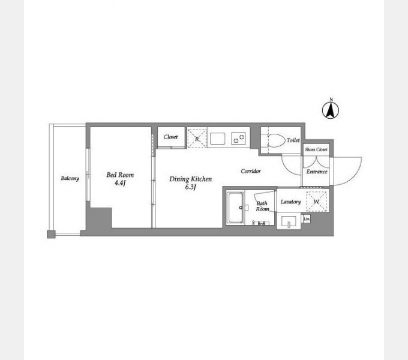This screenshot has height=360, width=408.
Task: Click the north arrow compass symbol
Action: [x=331, y=110]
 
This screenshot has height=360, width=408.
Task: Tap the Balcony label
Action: [x=70, y=178]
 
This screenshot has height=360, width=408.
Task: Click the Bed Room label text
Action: [x=120, y=175]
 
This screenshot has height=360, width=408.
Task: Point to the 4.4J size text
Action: [x=120, y=183]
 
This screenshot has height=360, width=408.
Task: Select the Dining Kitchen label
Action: [x=190, y=179]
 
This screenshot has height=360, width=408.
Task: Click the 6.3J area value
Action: [x=190, y=187]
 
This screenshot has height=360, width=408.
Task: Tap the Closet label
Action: [x=170, y=137]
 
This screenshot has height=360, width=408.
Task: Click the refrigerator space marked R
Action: [x=197, y=138]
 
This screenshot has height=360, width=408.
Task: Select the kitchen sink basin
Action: [x=218, y=139]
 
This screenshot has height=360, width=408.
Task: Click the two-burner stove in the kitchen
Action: [x=239, y=138]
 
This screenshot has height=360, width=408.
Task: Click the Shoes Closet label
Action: [x=316, y=149]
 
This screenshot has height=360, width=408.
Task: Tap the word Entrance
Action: [x=317, y=172]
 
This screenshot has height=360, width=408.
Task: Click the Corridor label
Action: [x=251, y=171]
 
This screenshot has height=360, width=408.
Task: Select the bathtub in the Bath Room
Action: [x=235, y=208]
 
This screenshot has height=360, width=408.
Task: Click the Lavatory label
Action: [x=290, y=202]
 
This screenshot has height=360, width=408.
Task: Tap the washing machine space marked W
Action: [x=316, y=202]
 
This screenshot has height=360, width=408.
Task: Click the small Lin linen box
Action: [x=307, y=219]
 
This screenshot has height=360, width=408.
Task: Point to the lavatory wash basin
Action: [x=289, y=221]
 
